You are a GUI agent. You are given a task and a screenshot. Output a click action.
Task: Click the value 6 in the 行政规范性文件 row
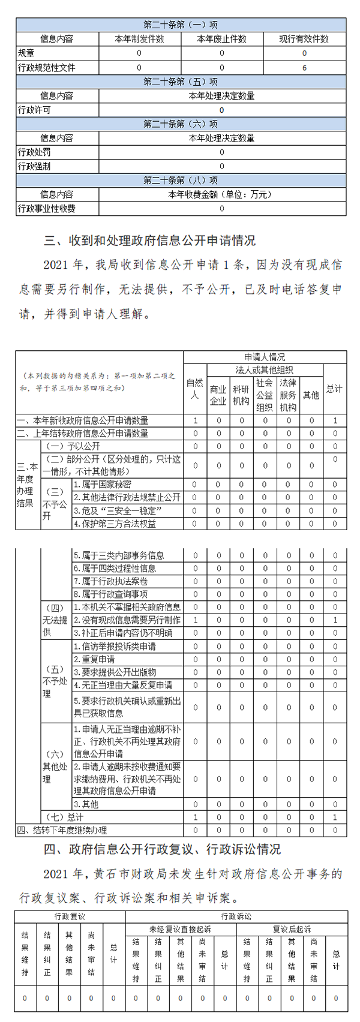coord(304,68)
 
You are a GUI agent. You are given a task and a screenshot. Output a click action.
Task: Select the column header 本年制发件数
coord(139,39)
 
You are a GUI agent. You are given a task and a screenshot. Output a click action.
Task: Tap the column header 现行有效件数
coord(304,39)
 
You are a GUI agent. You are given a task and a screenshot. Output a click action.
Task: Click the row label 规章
coord(26,53)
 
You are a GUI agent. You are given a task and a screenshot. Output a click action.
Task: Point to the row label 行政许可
coord(34,110)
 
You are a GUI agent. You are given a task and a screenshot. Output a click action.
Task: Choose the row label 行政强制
coord(34,166)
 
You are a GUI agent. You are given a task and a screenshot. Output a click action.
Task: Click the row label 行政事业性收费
coord(47,209)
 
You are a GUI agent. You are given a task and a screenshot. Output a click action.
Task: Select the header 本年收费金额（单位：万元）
coord(221,194)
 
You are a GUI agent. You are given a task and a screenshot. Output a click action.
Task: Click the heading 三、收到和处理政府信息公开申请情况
coord(149,241)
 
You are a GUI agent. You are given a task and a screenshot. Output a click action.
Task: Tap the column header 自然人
coord(195,388)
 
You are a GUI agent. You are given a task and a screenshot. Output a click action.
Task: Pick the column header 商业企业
coord(218,395)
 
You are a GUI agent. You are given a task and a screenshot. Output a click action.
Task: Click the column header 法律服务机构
coord(288,395)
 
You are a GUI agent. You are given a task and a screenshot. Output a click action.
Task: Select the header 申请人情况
coord(265,357)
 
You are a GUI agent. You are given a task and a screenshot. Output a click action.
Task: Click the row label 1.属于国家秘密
coord(103,485)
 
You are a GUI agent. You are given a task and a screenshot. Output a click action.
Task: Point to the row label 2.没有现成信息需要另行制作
coord(127,620)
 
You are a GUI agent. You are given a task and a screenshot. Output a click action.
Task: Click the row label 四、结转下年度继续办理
coord(62,830)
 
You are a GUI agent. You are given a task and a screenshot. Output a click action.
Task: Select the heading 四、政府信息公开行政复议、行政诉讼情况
coord(162,849)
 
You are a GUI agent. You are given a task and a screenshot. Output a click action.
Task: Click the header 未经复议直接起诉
coord(180,929)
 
